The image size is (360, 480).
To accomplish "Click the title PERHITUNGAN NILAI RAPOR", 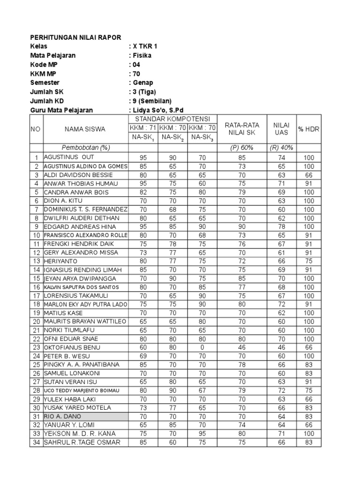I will pyautogui.click(x=75, y=37).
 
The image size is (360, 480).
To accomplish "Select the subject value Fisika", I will pyautogui.click(x=141, y=55).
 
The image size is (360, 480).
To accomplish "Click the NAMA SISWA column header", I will pyautogui.click(x=85, y=129).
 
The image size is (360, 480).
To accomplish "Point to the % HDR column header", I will pyautogui.click(x=308, y=129).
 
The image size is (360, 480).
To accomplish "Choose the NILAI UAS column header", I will pyautogui.click(x=281, y=129).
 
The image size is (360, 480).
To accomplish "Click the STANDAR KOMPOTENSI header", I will pyautogui.click(x=172, y=119).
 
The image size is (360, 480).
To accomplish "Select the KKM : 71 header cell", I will pyautogui.click(x=143, y=127).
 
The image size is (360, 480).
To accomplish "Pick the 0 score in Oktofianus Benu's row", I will pyautogui.click(x=202, y=347).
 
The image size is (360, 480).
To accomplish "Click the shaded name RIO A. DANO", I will pyautogui.click(x=62, y=416).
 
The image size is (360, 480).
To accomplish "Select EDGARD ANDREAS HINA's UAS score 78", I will pyautogui.click(x=281, y=226).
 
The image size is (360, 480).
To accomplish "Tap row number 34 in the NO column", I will pyautogui.click(x=36, y=442).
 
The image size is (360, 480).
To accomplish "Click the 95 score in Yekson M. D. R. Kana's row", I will pyautogui.click(x=202, y=434).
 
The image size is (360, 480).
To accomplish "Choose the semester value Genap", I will pyautogui.click(x=142, y=82).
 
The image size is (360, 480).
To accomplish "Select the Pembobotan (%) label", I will pyautogui.click(x=86, y=148).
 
